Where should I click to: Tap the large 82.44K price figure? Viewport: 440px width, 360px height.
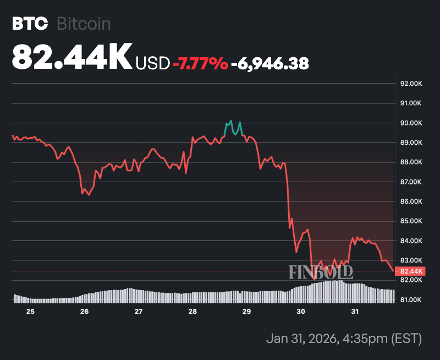click(71, 56)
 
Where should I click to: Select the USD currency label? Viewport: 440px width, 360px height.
click(153, 63)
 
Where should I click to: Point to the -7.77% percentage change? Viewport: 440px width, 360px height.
click(200, 63)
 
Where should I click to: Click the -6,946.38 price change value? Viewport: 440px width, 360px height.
click(269, 63)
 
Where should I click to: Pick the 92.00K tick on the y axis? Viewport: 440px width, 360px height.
click(411, 84)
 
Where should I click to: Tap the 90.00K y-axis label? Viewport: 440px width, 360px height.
click(411, 123)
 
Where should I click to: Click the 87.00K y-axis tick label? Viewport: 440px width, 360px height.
click(411, 182)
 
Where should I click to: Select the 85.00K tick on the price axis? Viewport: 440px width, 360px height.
click(411, 221)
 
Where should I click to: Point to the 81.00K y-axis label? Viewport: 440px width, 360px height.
click(411, 300)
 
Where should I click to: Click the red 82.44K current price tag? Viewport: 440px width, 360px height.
click(411, 271)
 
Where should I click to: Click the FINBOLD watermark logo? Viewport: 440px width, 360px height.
click(321, 271)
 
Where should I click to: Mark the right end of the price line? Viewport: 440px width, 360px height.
click(393, 270)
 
